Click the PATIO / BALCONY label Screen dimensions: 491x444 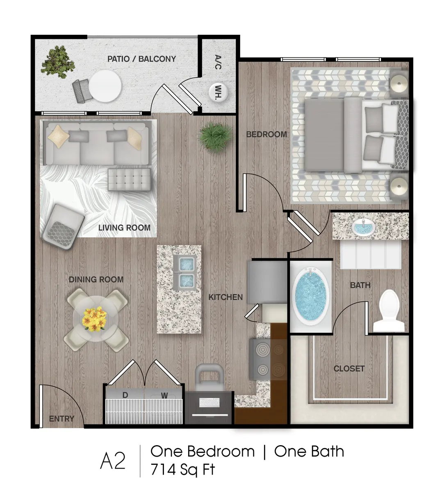[x=141, y=59]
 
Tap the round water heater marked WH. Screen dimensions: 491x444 [x=217, y=92]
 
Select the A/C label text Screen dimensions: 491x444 [x=218, y=62]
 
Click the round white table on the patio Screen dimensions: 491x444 [x=105, y=86]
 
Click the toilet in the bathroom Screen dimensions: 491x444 [x=389, y=311]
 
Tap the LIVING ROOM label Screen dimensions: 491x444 [x=124, y=227]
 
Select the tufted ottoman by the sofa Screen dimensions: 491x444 [x=129, y=180]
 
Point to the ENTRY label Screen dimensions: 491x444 [x=61, y=419]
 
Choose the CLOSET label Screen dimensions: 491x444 [x=349, y=369]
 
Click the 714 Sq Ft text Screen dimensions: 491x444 [x=182, y=469]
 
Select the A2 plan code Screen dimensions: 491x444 [x=113, y=461]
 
